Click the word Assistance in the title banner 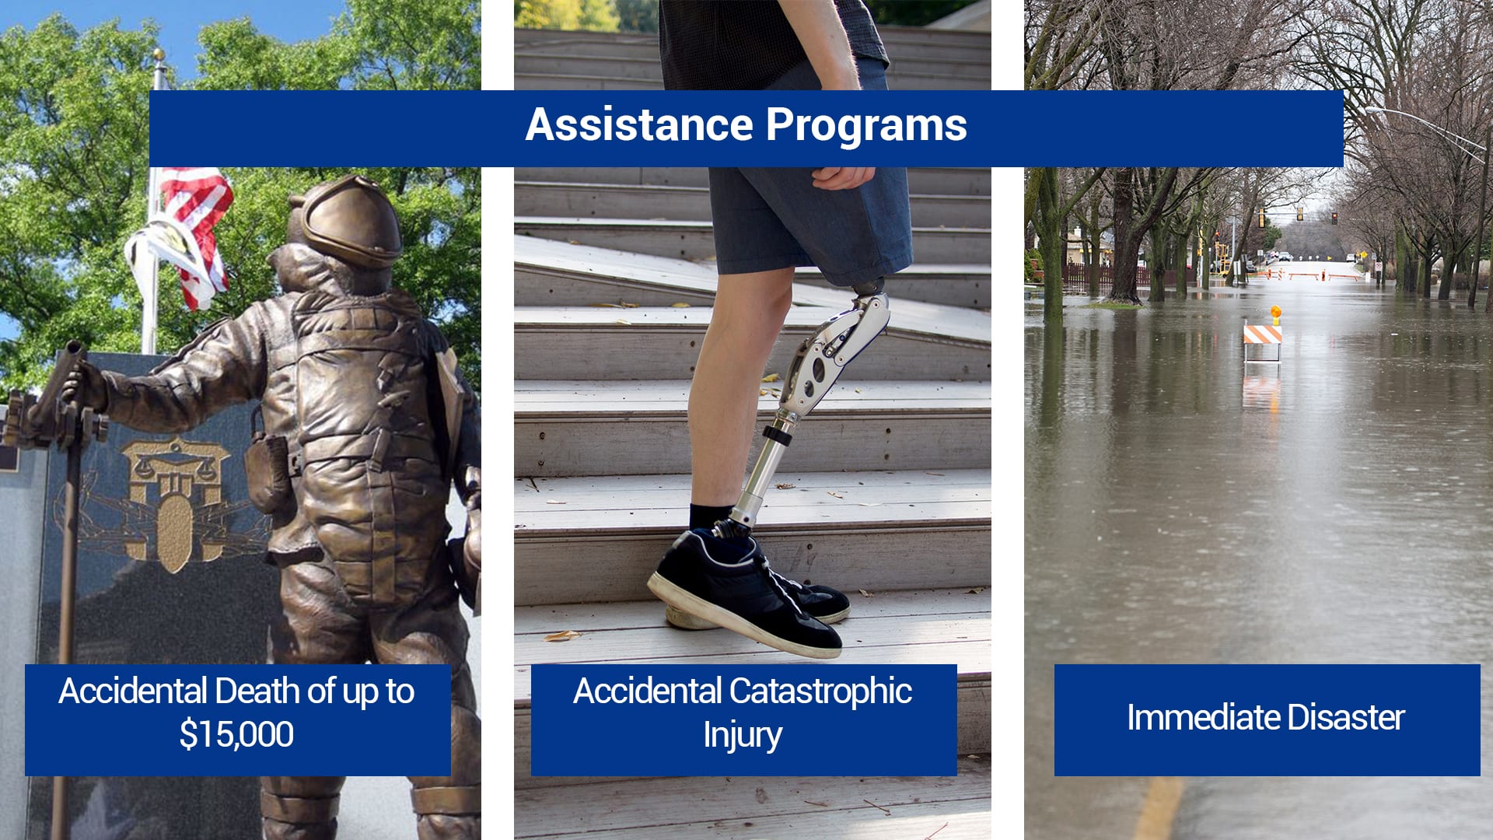click(639, 124)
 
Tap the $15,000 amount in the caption click(236, 734)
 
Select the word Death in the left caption click(258, 691)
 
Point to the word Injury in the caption click(743, 735)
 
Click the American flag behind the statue click(191, 233)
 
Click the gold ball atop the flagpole click(159, 54)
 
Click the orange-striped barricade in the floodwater click(1262, 335)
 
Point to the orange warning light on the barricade click(1275, 313)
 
